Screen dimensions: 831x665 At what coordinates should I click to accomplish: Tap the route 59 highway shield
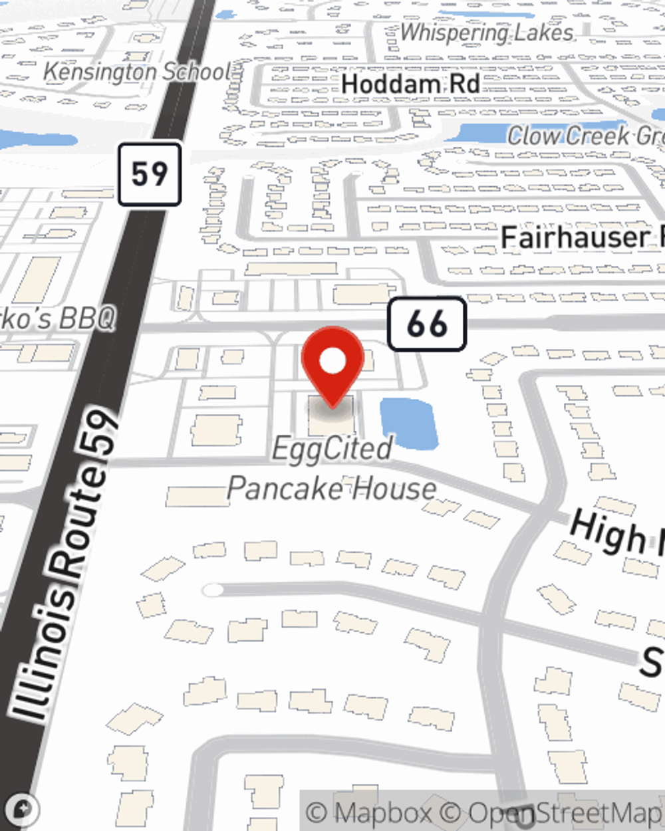[150, 174]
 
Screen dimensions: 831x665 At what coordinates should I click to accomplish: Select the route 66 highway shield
[427, 324]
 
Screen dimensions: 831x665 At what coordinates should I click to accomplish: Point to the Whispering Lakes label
[487, 32]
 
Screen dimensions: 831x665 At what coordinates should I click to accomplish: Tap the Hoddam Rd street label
[410, 84]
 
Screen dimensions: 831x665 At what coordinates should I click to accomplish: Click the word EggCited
[332, 449]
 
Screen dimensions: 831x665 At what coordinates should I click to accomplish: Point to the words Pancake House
[331, 489]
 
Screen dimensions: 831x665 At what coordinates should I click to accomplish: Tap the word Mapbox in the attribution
[383, 812]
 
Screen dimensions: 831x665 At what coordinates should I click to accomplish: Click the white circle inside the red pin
[332, 361]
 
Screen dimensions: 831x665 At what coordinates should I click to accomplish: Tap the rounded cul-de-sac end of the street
[212, 590]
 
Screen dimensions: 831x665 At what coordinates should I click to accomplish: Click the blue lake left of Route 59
[37, 140]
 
